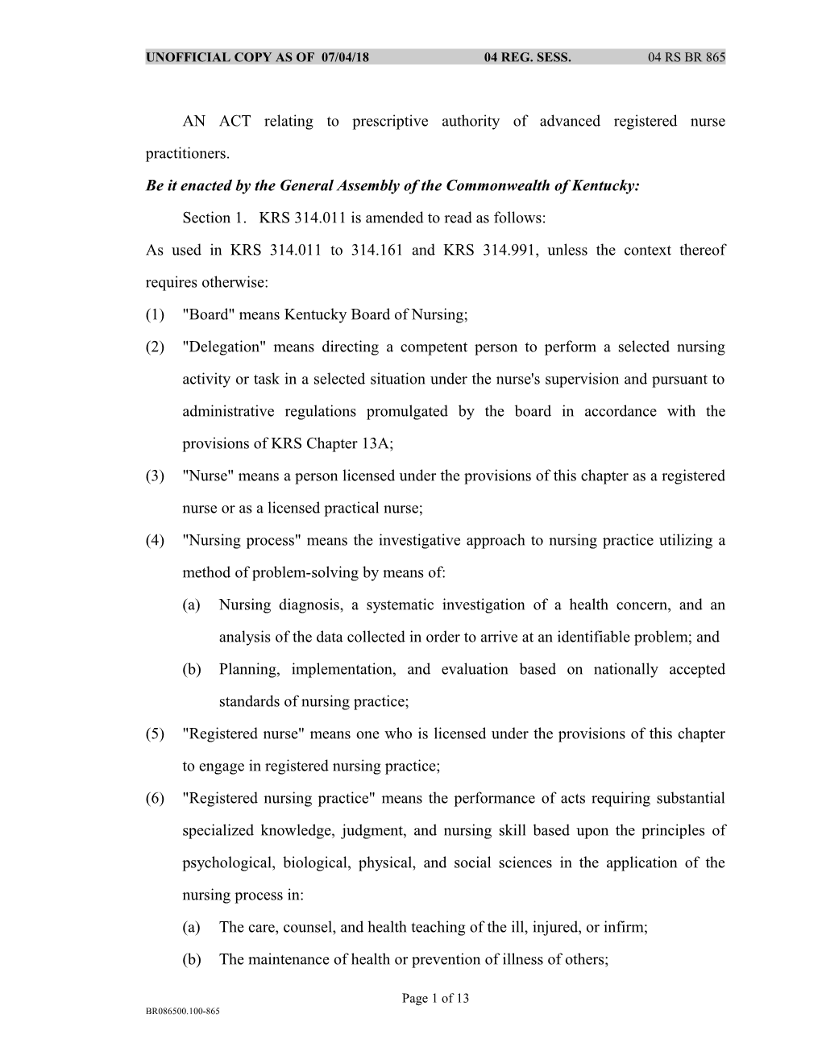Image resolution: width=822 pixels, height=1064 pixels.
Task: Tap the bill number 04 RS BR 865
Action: click(686, 57)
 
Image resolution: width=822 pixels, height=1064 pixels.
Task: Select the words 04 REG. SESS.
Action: click(527, 57)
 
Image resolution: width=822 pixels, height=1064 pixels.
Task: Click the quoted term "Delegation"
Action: click(225, 347)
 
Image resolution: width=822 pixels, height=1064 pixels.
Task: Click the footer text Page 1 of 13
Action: click(435, 999)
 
